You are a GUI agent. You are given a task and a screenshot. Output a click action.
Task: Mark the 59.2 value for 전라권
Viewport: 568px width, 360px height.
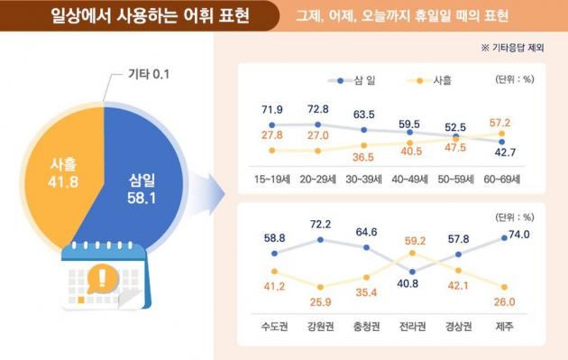pyautogui.click(x=415, y=242)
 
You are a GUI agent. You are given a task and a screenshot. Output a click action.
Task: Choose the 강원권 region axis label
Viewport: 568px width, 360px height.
pyautogui.click(x=320, y=326)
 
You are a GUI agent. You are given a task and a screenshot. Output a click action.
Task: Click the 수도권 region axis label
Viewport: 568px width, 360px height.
pyautogui.click(x=273, y=326)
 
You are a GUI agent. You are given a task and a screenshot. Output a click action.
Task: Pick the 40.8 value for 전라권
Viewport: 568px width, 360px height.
pyautogui.click(x=411, y=283)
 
